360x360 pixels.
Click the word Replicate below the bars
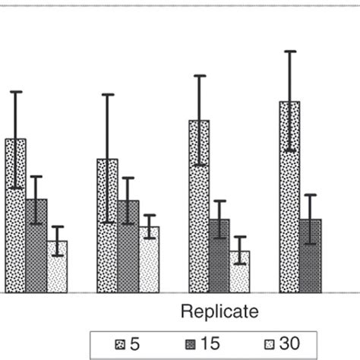pyautogui.click(x=219, y=311)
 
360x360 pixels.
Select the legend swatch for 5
pyautogui.click(x=119, y=345)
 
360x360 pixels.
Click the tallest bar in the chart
pyautogui.click(x=289, y=197)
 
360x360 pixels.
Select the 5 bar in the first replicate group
pyautogui.click(x=16, y=216)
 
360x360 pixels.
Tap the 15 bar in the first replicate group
pyautogui.click(x=36, y=245)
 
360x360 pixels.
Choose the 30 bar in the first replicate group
pyautogui.click(x=57, y=267)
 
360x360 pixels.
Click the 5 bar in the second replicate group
pyautogui.click(x=107, y=226)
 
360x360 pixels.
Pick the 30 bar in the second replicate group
pyautogui.click(x=149, y=259)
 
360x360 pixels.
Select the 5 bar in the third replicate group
pyautogui.click(x=199, y=206)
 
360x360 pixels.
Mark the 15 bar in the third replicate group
pyautogui.click(x=219, y=255)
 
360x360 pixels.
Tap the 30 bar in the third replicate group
pyautogui.click(x=240, y=271)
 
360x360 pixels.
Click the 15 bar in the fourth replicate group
pyautogui.click(x=310, y=255)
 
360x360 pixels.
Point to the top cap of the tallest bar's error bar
pyautogui.click(x=289, y=51)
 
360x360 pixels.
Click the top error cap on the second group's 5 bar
pyautogui.click(x=107, y=94)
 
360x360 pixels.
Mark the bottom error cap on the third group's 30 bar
pyautogui.click(x=240, y=264)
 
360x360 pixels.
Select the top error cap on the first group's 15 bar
pyautogui.click(x=36, y=176)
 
